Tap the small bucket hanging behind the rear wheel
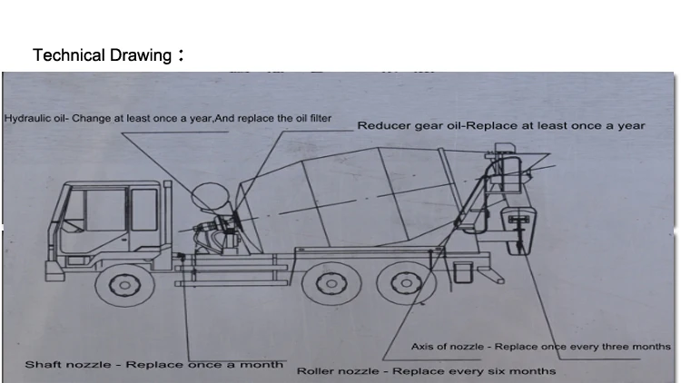pyautogui.click(x=462, y=271)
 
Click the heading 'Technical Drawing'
pyautogui.click(x=101, y=55)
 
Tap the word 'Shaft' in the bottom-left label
pyautogui.click(x=43, y=364)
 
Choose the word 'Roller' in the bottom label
pyautogui.click(x=319, y=370)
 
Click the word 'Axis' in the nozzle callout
pyautogui.click(x=424, y=347)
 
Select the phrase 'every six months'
pyautogui.click(x=509, y=370)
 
